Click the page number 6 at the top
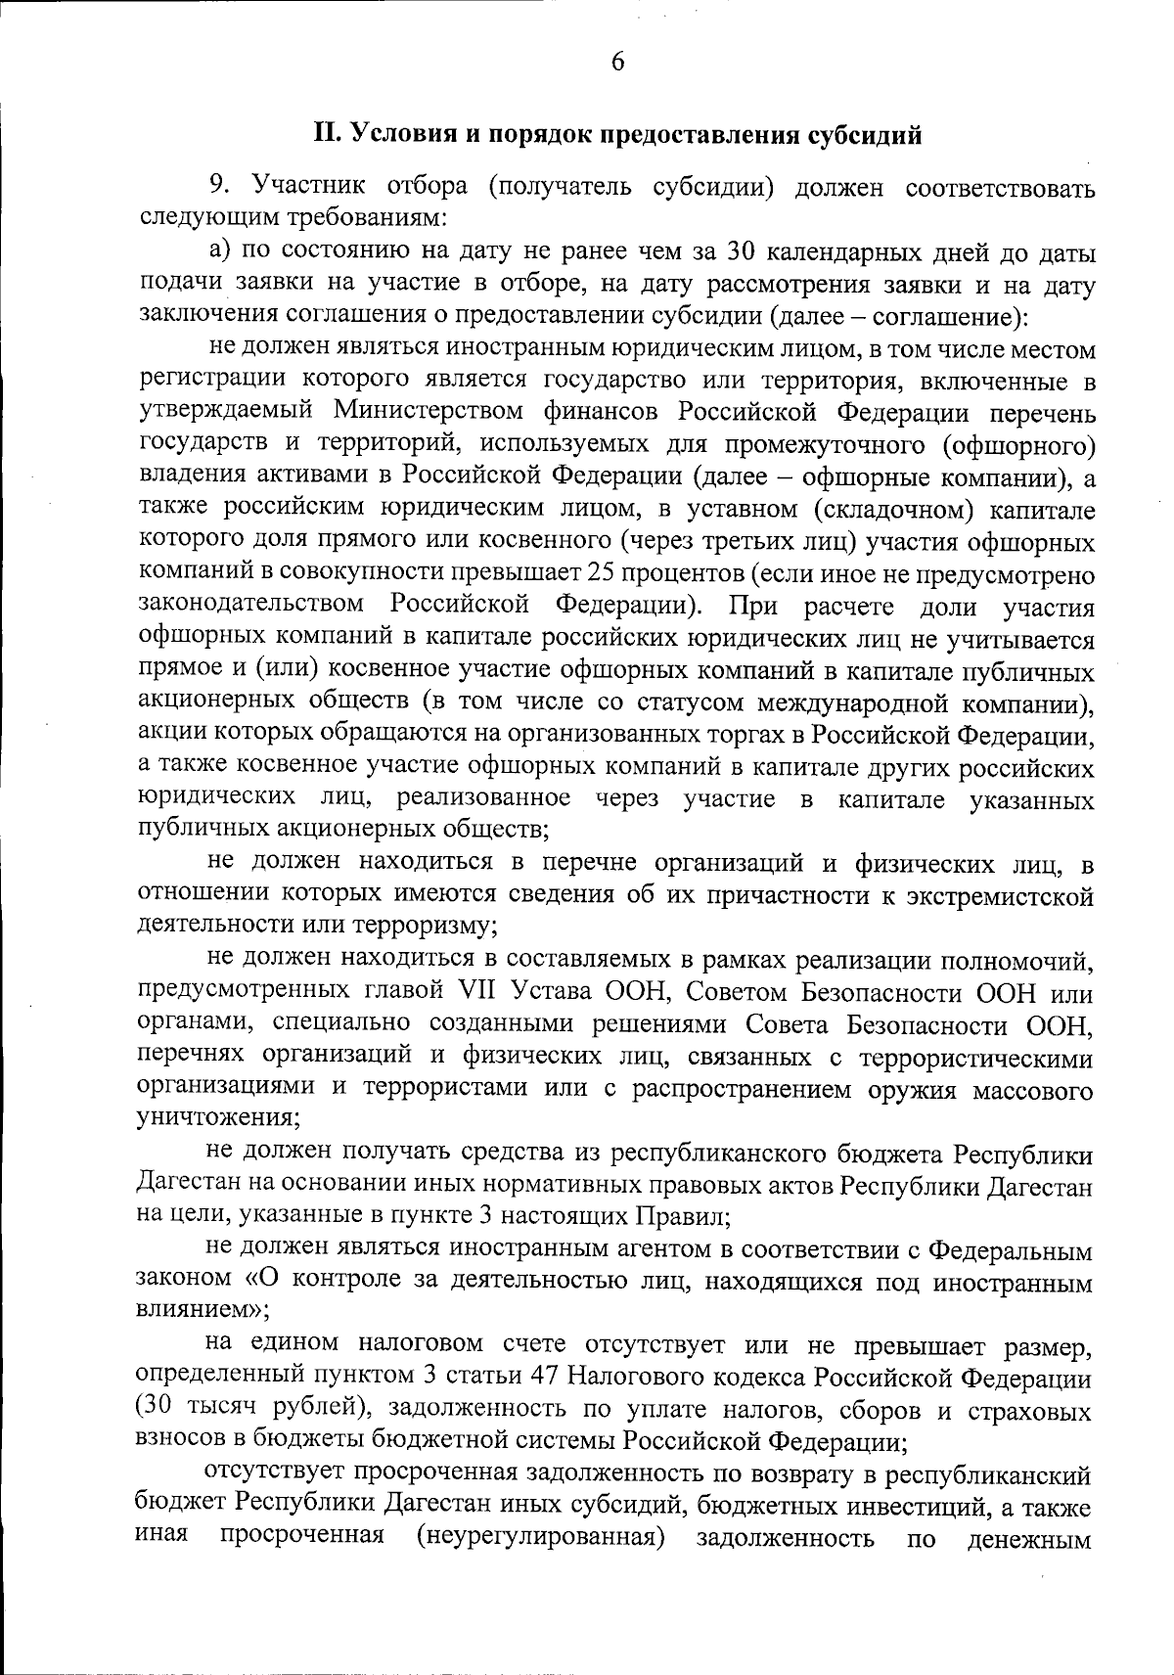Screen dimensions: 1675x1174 click(x=616, y=62)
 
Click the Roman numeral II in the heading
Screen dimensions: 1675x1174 click(x=325, y=134)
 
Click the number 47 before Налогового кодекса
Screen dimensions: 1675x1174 click(x=543, y=1378)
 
